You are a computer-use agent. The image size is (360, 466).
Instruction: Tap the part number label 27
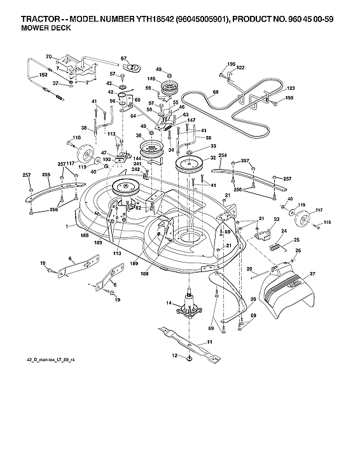pos(312,275)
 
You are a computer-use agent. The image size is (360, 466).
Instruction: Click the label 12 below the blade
pos(174,357)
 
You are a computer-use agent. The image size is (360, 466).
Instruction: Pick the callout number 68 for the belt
pos(215,93)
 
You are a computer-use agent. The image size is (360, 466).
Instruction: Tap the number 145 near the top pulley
pos(151,79)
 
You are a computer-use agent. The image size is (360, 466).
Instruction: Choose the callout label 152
pos(25,75)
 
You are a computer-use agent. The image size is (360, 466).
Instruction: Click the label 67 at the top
pos(124,58)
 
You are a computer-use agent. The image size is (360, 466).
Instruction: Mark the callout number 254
pos(223,155)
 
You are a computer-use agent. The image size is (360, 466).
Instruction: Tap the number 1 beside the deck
pos(66,226)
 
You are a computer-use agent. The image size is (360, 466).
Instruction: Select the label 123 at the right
pos(291,88)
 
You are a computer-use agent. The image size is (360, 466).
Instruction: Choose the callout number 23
pos(277,219)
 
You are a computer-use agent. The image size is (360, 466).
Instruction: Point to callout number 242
pos(135,170)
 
